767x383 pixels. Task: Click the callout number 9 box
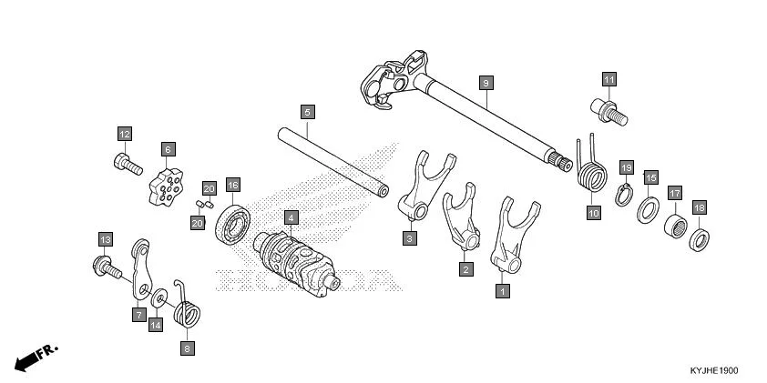[x=486, y=83]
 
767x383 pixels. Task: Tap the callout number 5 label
[x=307, y=112]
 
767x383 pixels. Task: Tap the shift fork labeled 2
[x=460, y=222]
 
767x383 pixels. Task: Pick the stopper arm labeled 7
[x=139, y=267]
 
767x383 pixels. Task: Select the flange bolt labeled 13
[x=107, y=267]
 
